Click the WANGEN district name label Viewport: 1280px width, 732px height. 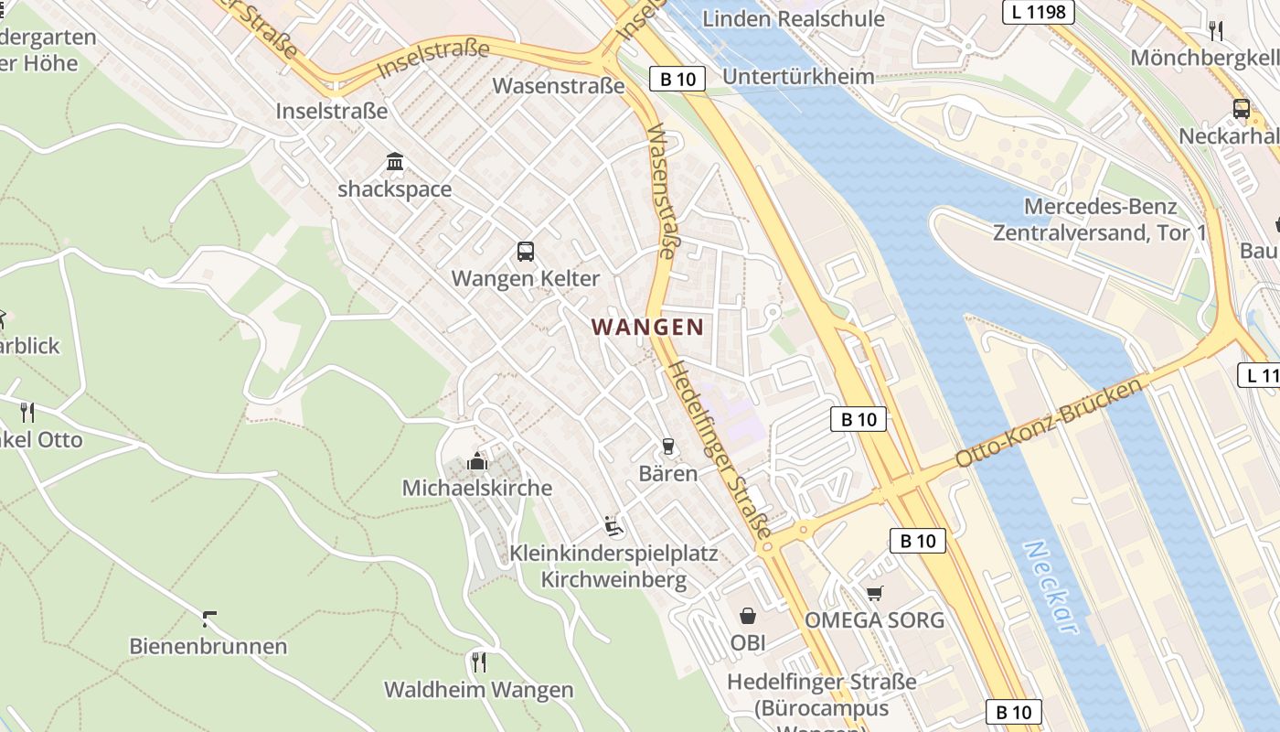(x=647, y=327)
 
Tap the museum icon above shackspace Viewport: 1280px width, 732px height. (x=395, y=162)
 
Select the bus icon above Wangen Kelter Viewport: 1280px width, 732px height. (x=525, y=251)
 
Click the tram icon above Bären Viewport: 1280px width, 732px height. (x=667, y=447)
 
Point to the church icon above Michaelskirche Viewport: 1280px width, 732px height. (x=476, y=461)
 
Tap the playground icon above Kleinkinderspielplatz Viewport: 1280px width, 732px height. (x=613, y=526)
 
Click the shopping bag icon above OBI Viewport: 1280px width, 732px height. (x=747, y=616)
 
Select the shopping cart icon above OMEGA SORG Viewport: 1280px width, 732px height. (x=874, y=594)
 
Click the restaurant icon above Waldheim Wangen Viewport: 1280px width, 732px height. (x=477, y=662)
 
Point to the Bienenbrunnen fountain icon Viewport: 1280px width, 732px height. (x=208, y=619)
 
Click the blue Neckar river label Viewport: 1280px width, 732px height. (x=1051, y=587)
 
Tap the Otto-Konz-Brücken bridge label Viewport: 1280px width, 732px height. (x=1050, y=423)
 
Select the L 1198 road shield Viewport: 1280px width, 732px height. (x=1038, y=12)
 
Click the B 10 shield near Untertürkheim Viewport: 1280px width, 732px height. (x=678, y=79)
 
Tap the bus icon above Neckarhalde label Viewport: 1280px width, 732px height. (x=1241, y=109)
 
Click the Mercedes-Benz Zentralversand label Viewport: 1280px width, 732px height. (x=1100, y=220)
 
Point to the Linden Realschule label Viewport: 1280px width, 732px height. (x=794, y=18)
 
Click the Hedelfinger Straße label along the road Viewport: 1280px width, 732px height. (x=720, y=448)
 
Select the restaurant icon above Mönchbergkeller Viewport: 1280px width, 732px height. (x=1215, y=31)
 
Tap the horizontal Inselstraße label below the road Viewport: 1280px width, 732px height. (x=332, y=111)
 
